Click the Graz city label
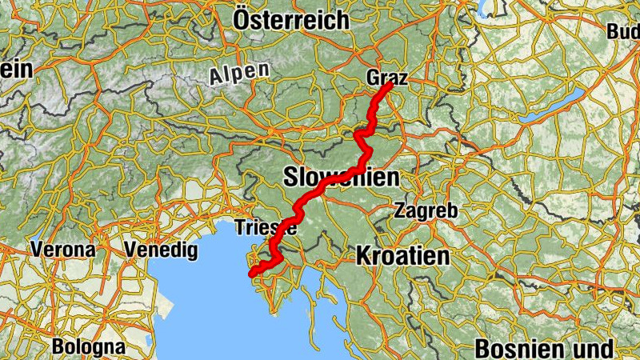pos(387,78)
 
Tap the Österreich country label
pos(291,19)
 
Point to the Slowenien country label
pos(341,178)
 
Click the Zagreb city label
pos(426,212)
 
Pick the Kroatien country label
pos(402,256)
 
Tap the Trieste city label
pos(266,227)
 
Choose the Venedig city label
pos(161,250)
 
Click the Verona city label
pos(63,250)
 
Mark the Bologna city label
pos(89,347)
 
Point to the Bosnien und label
pos(543,349)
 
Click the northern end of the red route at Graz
pos(390,84)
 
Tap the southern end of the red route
pos(252,274)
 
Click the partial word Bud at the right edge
pos(623,32)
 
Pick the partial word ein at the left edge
pos(16,70)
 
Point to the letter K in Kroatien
pos(362,256)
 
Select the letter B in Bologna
pos(58,347)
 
